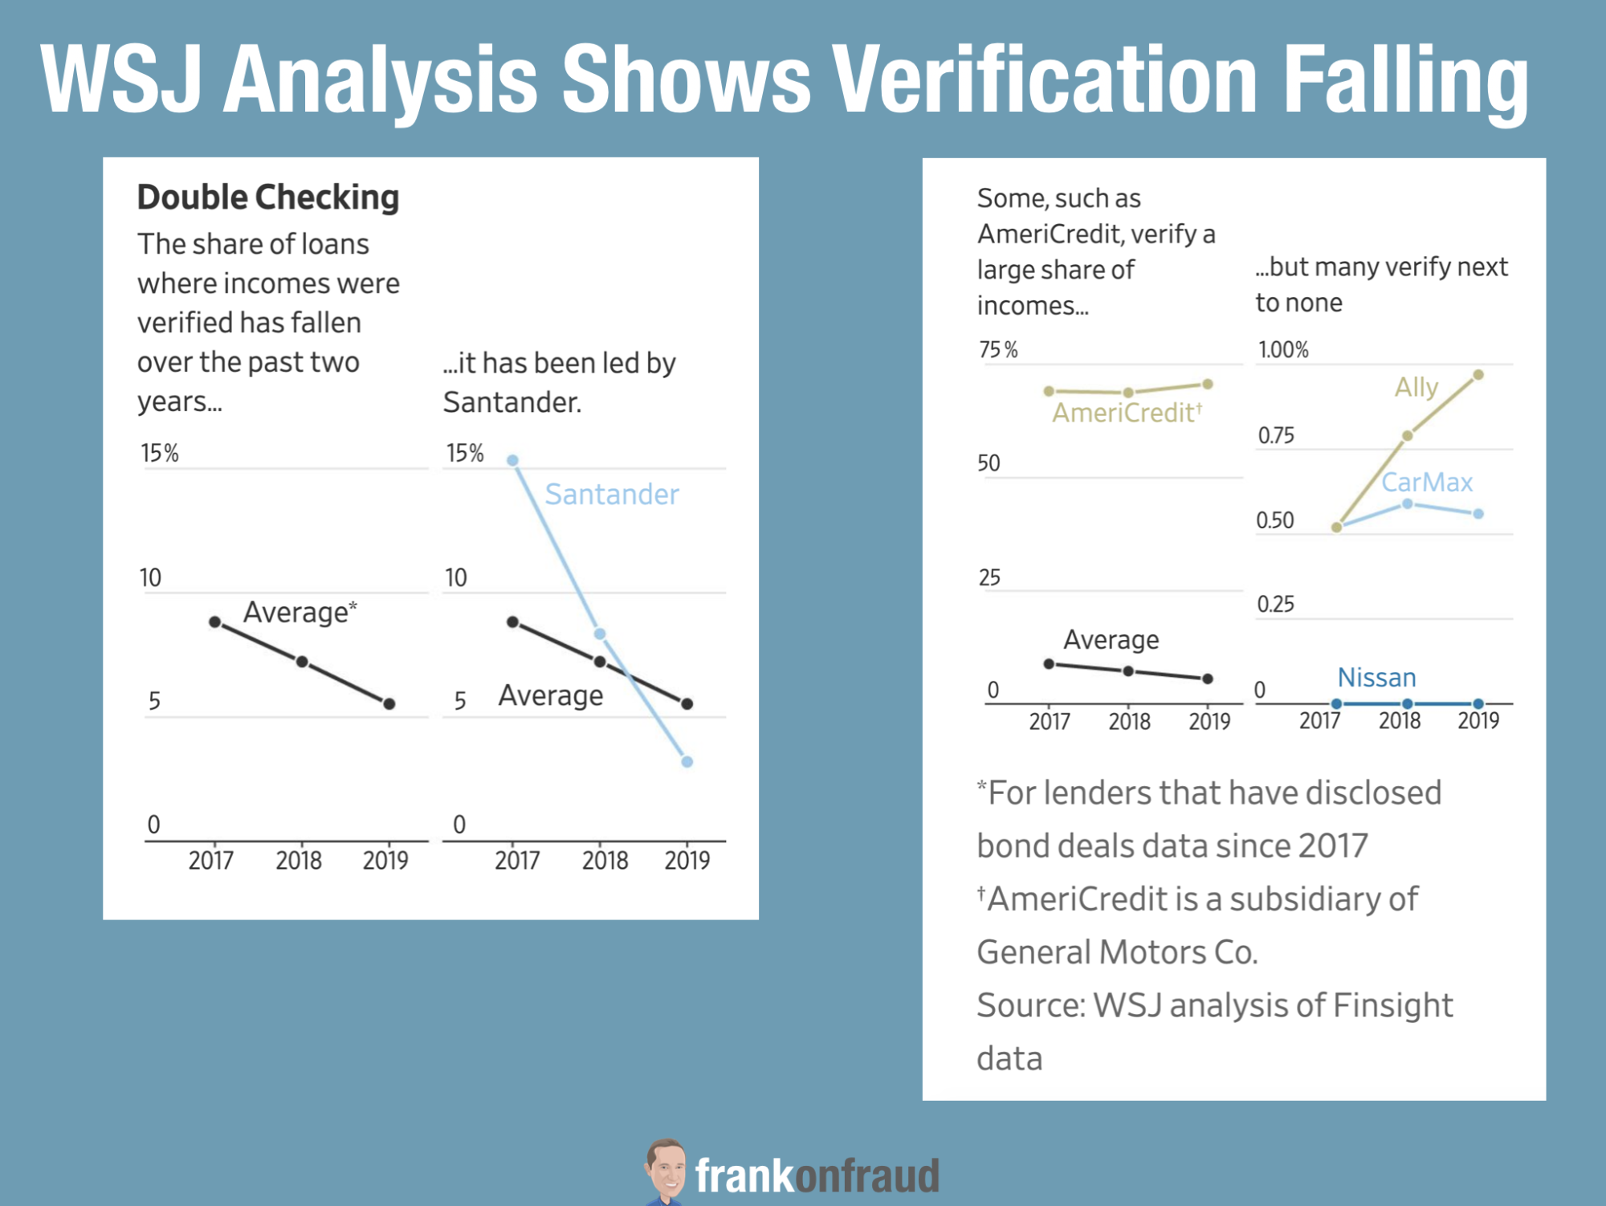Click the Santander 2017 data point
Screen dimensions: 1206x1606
pos(512,460)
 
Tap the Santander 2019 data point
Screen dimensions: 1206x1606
pos(687,761)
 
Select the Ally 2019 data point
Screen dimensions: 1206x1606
pos(1478,375)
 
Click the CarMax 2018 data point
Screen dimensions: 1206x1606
pos(1408,503)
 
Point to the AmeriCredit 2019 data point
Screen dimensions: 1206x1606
pos(1208,384)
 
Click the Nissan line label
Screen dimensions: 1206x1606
pos(1376,678)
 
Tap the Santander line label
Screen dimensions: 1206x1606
pos(612,494)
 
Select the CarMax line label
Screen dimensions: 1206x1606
pos(1427,482)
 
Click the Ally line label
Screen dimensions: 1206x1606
pos(1416,387)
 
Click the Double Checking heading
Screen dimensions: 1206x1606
pos(268,198)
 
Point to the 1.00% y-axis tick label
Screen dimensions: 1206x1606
pos(1283,350)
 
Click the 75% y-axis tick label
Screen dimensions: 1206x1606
pos(998,350)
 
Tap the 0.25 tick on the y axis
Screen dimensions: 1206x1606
pos(1275,604)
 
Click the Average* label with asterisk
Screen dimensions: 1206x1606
pos(300,612)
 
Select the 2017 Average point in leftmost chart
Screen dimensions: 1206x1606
pos(215,621)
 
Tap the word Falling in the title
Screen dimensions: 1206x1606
pos(1405,80)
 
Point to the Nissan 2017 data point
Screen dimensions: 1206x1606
pos(1336,703)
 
